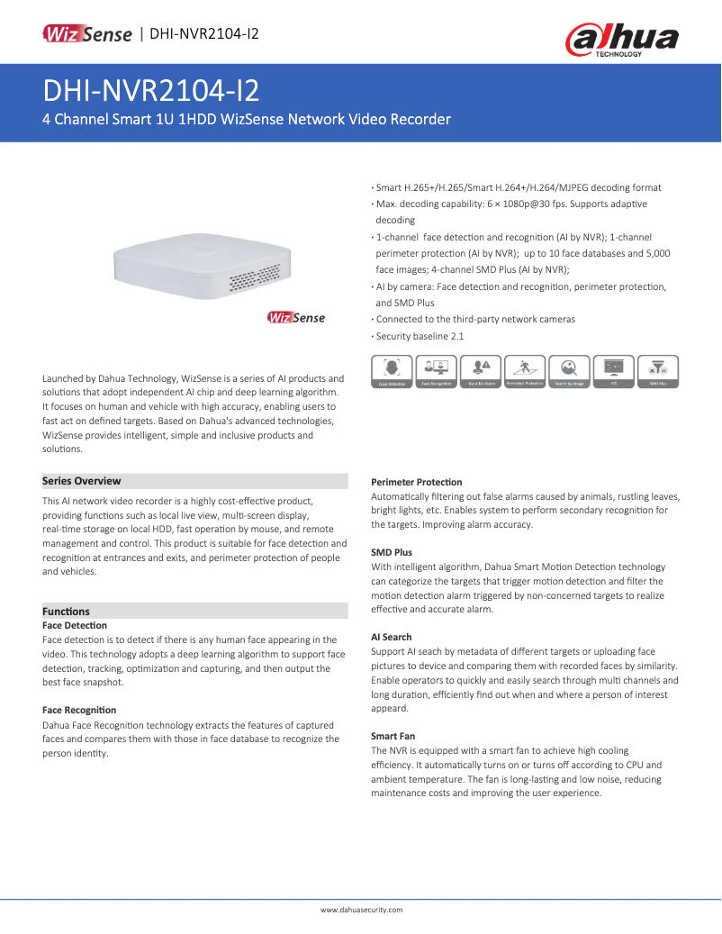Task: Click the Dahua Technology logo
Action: pos(620,40)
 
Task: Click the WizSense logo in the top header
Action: pos(87,34)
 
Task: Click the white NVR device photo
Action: pos(203,269)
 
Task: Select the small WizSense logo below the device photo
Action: pos(296,317)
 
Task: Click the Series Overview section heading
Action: pos(82,481)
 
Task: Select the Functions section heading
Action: pos(67,611)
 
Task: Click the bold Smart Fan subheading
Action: pos(393,736)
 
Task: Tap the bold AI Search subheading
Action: pos(392,637)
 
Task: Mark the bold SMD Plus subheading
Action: pos(392,552)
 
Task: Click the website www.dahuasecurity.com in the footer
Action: pos(361,910)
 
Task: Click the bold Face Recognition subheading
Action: pos(79,711)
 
